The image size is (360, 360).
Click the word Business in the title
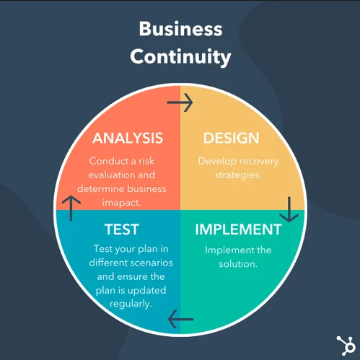click(181, 29)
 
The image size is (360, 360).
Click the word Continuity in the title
click(180, 57)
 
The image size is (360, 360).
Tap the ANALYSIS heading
click(128, 138)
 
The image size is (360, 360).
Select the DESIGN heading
click(232, 138)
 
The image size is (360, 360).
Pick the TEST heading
click(122, 229)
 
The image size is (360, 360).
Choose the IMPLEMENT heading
click(238, 229)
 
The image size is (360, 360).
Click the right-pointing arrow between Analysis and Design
click(180, 102)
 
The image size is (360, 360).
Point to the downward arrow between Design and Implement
click(289, 209)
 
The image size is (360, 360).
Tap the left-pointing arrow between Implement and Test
click(180, 319)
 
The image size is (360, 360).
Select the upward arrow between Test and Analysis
click(71, 208)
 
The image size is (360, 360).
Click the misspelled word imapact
click(121, 203)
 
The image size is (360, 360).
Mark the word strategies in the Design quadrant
click(238, 175)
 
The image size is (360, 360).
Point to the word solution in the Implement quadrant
click(238, 264)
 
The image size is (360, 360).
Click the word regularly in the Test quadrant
click(131, 304)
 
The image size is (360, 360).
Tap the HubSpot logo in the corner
click(346, 346)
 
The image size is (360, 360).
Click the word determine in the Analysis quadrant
click(100, 189)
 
